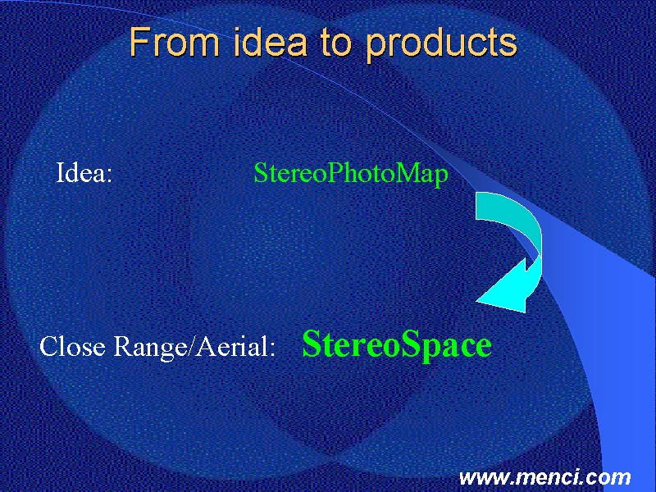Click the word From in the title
pyautogui.click(x=174, y=42)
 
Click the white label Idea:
pyautogui.click(x=84, y=172)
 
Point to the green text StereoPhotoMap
pyautogui.click(x=351, y=174)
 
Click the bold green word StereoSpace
pyautogui.click(x=397, y=345)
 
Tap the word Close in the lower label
pyautogui.click(x=72, y=346)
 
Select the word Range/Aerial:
pyautogui.click(x=194, y=347)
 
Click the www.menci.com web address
pyautogui.click(x=544, y=477)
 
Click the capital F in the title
pyautogui.click(x=139, y=42)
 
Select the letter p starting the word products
pyautogui.click(x=376, y=48)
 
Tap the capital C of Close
pyautogui.click(x=50, y=347)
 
